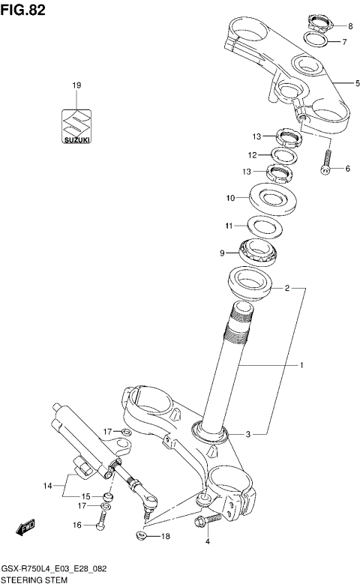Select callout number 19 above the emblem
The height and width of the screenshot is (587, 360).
76,86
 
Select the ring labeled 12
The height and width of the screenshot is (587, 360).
283,156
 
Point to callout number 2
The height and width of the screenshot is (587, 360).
286,287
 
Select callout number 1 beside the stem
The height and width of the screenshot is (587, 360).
301,366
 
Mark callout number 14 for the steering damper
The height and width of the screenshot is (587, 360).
48,486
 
